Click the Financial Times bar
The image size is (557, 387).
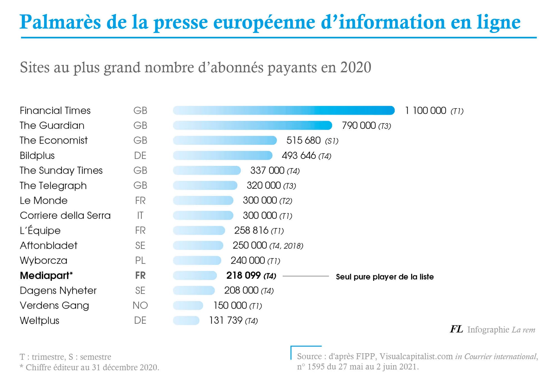pyautogui.click(x=284, y=110)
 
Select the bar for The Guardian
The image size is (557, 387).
pyautogui.click(x=252, y=125)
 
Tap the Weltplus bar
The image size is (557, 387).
pyautogui.click(x=186, y=320)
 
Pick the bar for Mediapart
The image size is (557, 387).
pyautogui.click(x=195, y=275)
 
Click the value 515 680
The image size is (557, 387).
pyautogui.click(x=303, y=140)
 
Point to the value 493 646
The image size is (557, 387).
pyautogui.click(x=299, y=155)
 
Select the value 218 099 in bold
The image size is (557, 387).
pyautogui.click(x=243, y=275)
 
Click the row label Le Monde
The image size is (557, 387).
pyautogui.click(x=43, y=200)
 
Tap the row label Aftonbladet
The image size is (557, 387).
pyautogui.click(x=48, y=245)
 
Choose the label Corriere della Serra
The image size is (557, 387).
pyautogui.click(x=65, y=216)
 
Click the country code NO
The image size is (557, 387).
pyautogui.click(x=140, y=305)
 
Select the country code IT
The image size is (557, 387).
pyautogui.click(x=140, y=216)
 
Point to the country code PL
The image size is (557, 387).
pyautogui.click(x=140, y=260)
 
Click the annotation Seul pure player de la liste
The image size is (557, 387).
pyautogui.click(x=385, y=277)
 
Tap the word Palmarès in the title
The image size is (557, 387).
pyautogui.click(x=60, y=22)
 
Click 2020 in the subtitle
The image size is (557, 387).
pyautogui.click(x=355, y=67)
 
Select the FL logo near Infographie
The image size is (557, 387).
pyautogui.click(x=456, y=329)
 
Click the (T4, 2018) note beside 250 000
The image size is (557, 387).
pyautogui.click(x=286, y=246)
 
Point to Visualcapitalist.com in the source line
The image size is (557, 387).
pyautogui.click(x=416, y=356)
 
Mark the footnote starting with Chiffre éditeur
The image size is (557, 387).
pyautogui.click(x=92, y=367)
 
